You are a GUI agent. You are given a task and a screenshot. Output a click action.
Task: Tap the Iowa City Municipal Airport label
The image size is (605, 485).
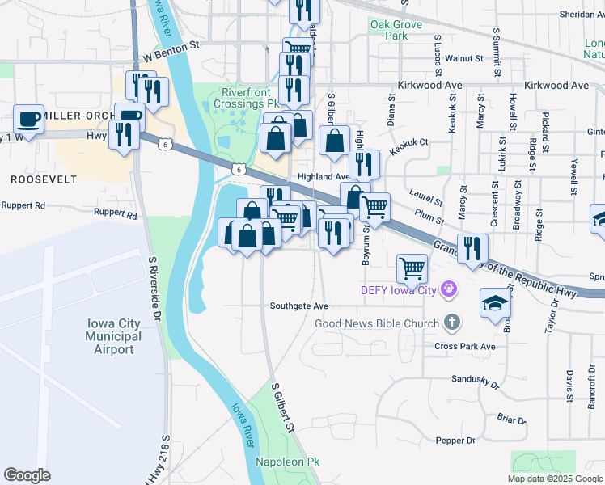click(x=113, y=336)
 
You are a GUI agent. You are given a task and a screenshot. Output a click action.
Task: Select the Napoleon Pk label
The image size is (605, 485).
click(x=288, y=462)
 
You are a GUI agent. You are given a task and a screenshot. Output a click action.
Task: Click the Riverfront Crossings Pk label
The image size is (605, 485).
click(x=251, y=99)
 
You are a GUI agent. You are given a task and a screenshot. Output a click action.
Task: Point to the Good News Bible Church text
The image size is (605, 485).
click(x=377, y=324)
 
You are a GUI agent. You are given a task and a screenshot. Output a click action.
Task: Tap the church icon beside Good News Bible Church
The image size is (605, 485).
click(x=452, y=323)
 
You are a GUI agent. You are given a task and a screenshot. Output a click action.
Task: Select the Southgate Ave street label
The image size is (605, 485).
click(x=299, y=306)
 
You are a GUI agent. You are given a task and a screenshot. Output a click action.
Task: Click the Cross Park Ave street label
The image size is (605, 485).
click(x=464, y=346)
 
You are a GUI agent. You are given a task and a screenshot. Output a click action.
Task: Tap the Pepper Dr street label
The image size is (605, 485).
click(x=455, y=441)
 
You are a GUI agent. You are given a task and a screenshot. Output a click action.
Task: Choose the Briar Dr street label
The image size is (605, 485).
click(x=511, y=420)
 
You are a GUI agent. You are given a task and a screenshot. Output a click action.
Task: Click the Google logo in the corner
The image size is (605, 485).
click(x=27, y=475)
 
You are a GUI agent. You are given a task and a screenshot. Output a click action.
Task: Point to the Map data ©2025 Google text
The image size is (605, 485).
click(x=555, y=479)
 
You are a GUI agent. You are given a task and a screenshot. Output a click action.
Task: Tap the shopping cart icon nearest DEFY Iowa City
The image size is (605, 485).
click(x=412, y=268)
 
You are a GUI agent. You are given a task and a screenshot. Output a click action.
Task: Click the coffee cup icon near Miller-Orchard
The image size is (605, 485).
click(x=28, y=119)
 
